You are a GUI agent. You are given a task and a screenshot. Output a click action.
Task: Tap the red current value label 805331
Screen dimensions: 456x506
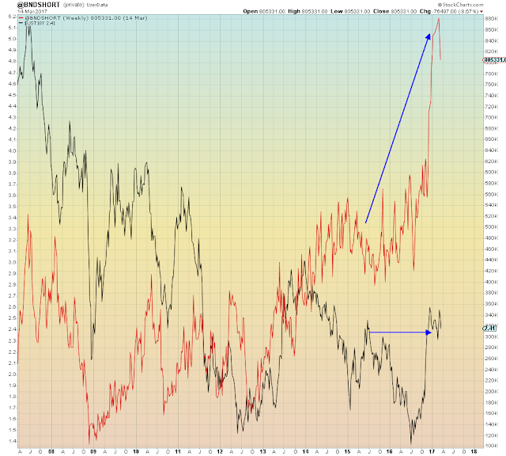[493, 59]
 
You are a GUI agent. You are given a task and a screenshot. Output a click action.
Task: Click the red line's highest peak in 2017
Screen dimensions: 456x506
[439, 18]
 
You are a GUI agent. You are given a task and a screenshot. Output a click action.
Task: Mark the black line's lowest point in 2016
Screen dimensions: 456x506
[411, 443]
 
